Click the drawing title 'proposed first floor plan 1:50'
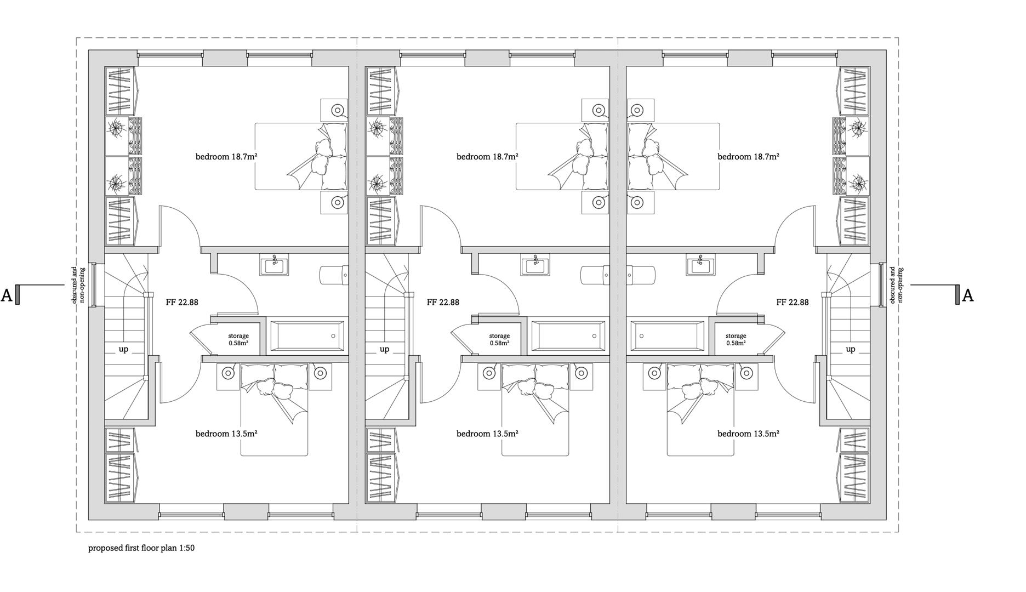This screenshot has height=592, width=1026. (141, 548)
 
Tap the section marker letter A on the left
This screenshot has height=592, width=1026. (7, 296)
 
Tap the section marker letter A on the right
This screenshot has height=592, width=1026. (968, 296)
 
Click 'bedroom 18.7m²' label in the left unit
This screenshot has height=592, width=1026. (226, 157)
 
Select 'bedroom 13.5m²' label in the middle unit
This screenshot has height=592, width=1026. (487, 434)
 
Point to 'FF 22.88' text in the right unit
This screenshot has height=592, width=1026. (792, 302)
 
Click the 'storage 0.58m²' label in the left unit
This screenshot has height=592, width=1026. (238, 339)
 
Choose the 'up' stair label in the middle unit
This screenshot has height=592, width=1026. (384, 349)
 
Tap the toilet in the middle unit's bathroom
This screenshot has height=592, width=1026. (595, 275)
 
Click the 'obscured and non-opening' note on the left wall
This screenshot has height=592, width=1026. (79, 286)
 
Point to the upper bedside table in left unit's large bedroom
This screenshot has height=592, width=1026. (334, 111)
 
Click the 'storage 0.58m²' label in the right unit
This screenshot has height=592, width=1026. (736, 339)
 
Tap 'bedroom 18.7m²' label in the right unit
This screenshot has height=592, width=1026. (748, 157)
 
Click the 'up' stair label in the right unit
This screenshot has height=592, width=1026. (850, 349)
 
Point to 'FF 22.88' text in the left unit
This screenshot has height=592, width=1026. (182, 302)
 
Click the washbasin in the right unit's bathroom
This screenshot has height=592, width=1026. (700, 266)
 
